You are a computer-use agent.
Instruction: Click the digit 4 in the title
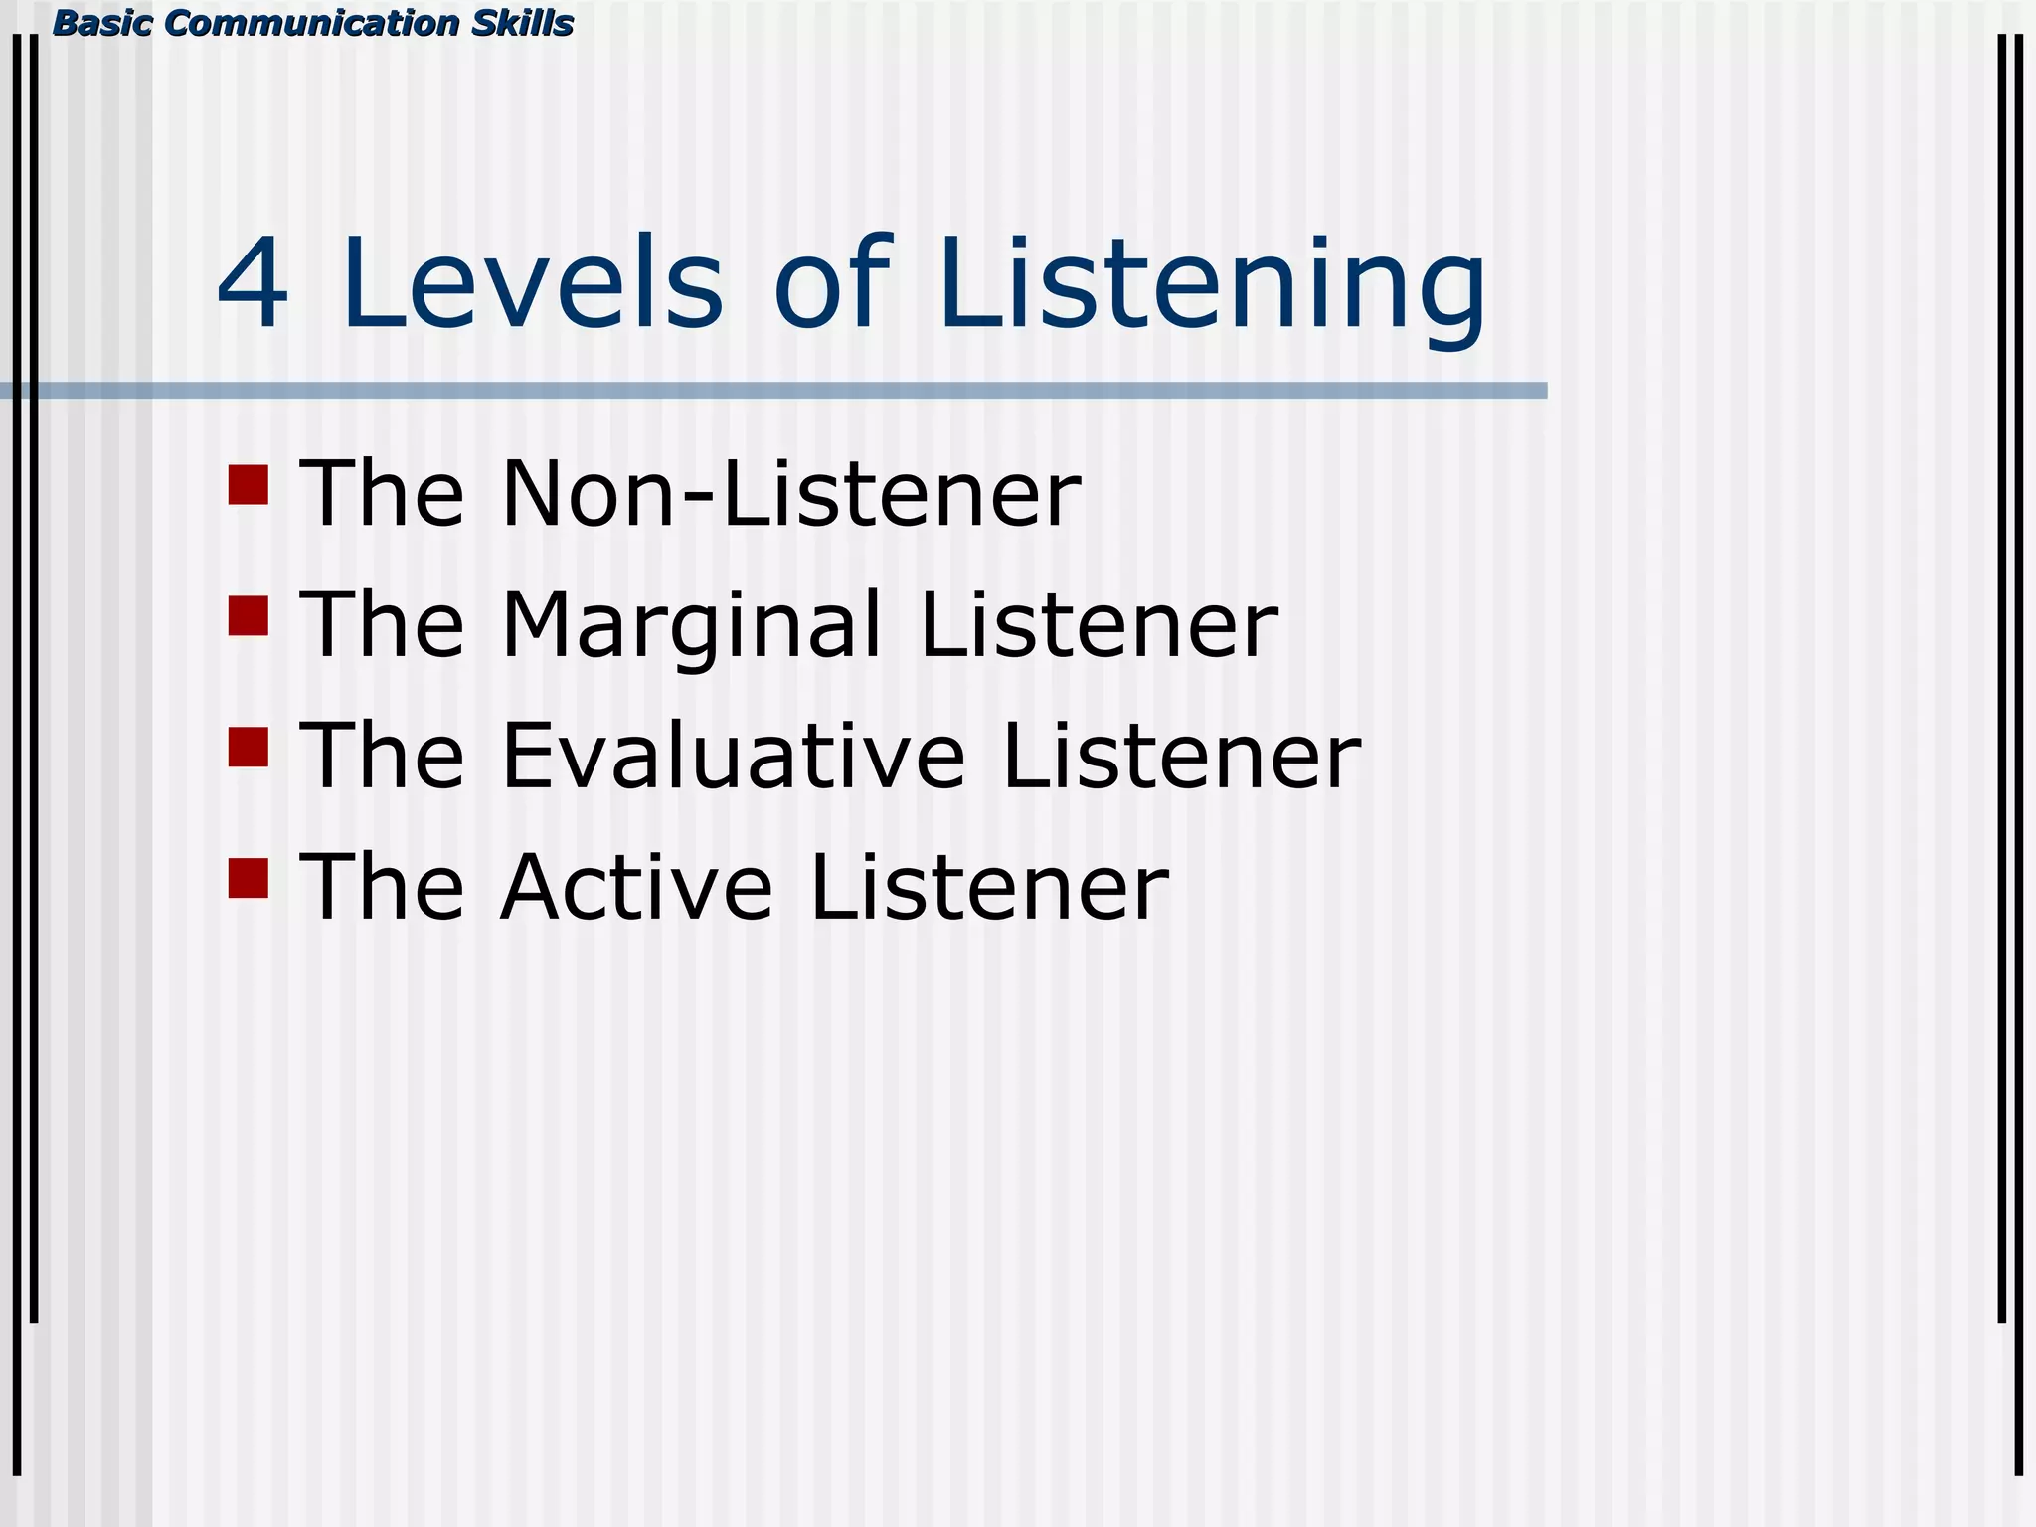click(253, 284)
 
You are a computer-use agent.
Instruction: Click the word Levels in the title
click(532, 284)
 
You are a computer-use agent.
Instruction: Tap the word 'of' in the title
click(831, 284)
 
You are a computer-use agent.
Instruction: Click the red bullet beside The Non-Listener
click(249, 485)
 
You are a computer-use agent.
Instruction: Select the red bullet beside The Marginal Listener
click(249, 616)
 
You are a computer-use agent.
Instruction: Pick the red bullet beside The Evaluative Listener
click(249, 748)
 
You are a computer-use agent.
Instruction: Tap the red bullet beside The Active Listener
click(249, 879)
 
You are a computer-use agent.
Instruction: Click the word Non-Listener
click(790, 493)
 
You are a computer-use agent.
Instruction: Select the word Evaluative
click(733, 757)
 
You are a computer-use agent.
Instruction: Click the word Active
click(636, 887)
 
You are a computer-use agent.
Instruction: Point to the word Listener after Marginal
click(1099, 624)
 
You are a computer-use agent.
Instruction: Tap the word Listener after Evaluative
click(1181, 757)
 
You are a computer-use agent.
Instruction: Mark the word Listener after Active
click(989, 887)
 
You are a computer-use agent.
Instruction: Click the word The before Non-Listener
click(382, 493)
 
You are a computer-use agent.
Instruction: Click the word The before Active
click(382, 887)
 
